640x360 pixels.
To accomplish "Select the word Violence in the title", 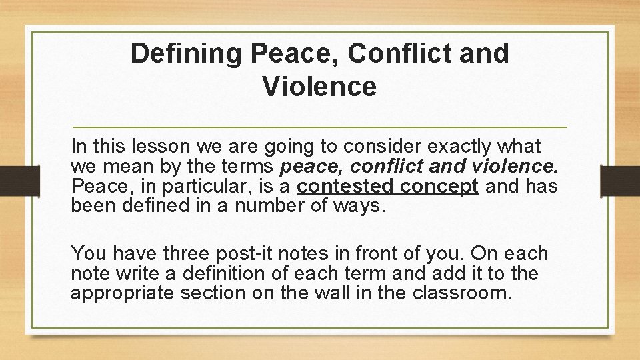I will pos(319,86).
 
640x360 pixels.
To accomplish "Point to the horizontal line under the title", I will pos(319,126).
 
